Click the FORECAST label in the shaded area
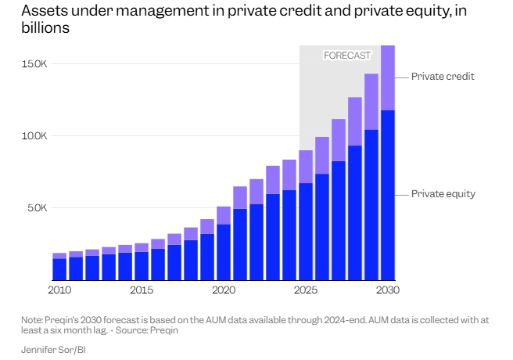click(x=346, y=56)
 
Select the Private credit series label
click(x=443, y=77)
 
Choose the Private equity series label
click(x=443, y=194)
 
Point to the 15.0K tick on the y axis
click(x=35, y=63)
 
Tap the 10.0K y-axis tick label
click(x=35, y=135)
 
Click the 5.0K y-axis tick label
click(x=38, y=208)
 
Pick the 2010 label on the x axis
click(x=59, y=291)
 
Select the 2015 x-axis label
click(x=142, y=291)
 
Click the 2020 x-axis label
click(x=224, y=291)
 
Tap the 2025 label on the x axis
click(x=306, y=291)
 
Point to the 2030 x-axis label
click(x=388, y=291)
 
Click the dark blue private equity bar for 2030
click(x=388, y=196)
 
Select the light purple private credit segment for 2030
click(x=388, y=78)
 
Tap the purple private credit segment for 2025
click(x=306, y=167)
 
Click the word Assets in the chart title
click(x=42, y=11)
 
